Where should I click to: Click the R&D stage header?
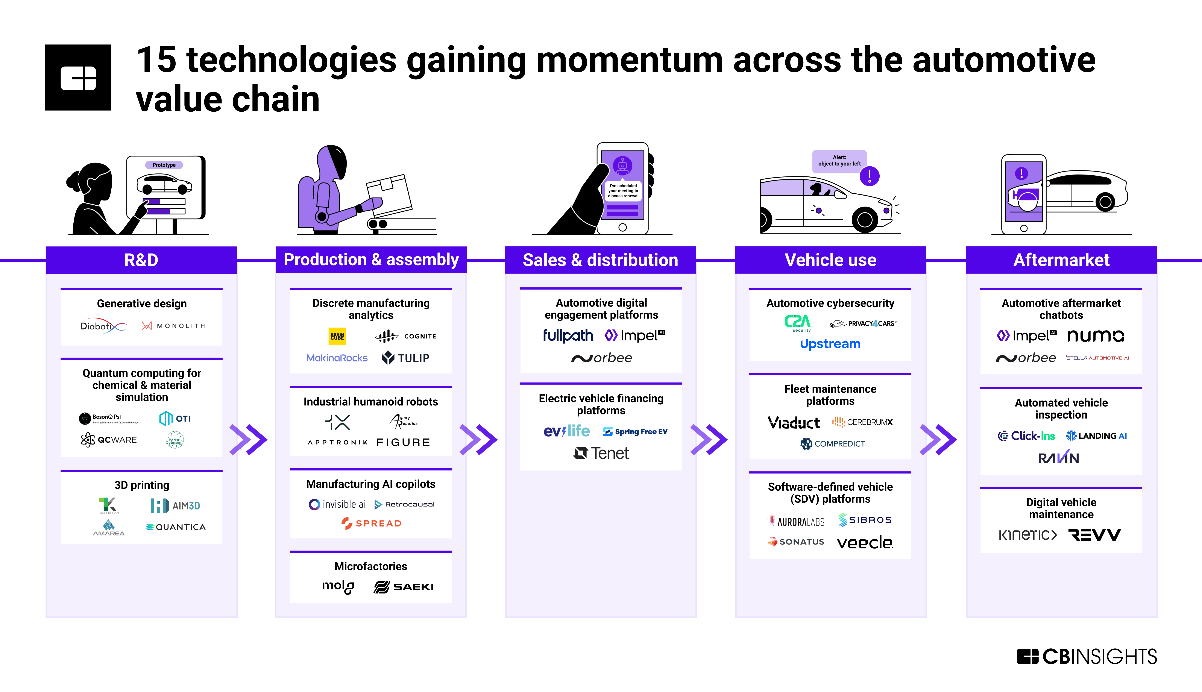[141, 260]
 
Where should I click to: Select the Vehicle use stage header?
[830, 260]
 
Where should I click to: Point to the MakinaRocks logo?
[337, 358]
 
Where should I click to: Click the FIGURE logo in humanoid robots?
[403, 443]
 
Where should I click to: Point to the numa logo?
[1096, 336]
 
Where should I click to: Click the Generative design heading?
[142, 304]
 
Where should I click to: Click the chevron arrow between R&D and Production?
[248, 440]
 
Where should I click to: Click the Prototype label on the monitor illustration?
[164, 165]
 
